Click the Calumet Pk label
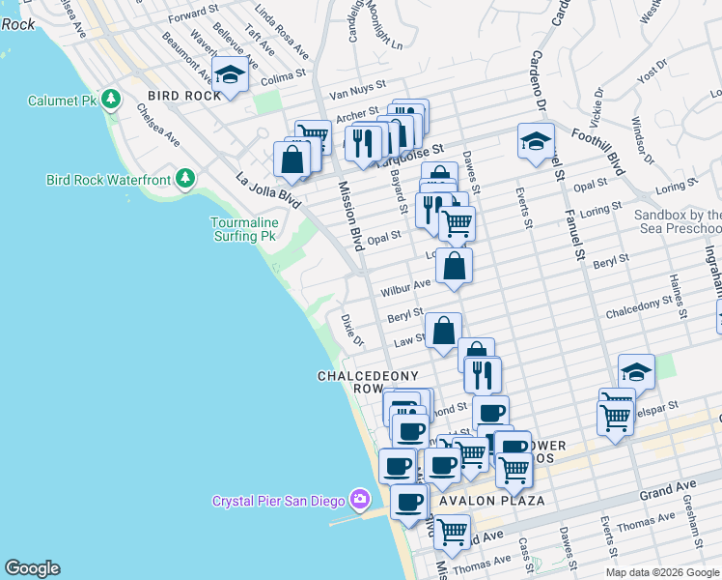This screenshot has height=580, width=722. coord(62,100)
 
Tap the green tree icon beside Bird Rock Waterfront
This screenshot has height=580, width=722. coord(185,180)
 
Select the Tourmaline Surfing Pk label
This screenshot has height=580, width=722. coord(244,229)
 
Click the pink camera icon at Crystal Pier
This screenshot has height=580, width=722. coord(360,500)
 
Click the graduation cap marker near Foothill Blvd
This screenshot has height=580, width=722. coord(536,141)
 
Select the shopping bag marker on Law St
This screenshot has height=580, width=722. coord(443,332)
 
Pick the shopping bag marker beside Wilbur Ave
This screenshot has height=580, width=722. coord(454,265)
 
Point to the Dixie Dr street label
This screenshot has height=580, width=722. coord(352,330)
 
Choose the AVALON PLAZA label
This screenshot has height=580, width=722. coord(492,501)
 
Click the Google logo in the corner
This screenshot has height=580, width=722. coord(32,568)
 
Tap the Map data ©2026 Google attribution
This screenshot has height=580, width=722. coord(661,572)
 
